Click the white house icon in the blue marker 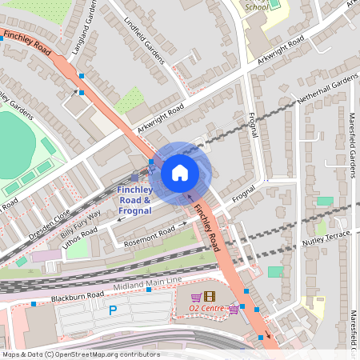pyautogui.click(x=180, y=172)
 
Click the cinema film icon pyautogui.click(x=210, y=297)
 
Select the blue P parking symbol pyautogui.click(x=113, y=310)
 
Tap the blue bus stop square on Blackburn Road pyautogui.click(x=34, y=304)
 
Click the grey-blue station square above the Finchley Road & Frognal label pyautogui.click(x=134, y=177)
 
